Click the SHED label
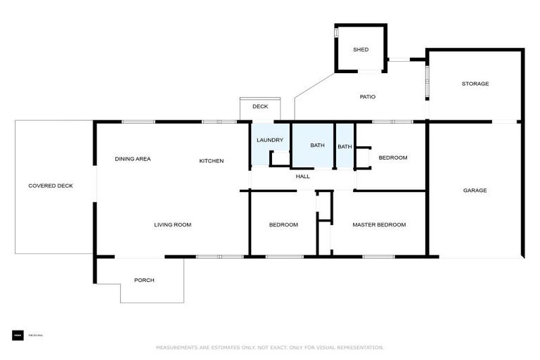click(x=361, y=50)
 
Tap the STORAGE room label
click(x=475, y=84)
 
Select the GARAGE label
click(x=475, y=191)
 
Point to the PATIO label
click(x=367, y=96)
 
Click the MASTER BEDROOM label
click(x=379, y=225)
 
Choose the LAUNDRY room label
click(x=269, y=141)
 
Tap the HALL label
click(x=302, y=176)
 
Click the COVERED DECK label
click(x=51, y=186)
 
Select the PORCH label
click(x=144, y=280)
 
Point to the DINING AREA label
click(x=133, y=159)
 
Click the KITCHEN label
click(x=211, y=161)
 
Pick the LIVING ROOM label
click(x=173, y=225)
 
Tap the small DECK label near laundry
click(x=260, y=107)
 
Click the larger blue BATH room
click(x=317, y=146)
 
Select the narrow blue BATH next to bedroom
click(x=345, y=146)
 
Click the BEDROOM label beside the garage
click(x=393, y=157)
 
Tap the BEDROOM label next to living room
click(x=283, y=225)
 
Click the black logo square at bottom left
click(x=18, y=335)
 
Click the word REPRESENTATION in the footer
click(x=361, y=347)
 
